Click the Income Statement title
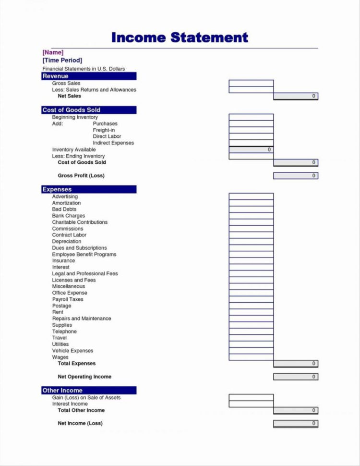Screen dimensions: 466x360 pyautogui.click(x=180, y=37)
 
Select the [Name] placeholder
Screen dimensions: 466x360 pyautogui.click(x=53, y=52)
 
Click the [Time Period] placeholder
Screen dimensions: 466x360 pyautogui.click(x=62, y=60)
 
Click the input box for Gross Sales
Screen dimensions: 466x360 pyautogui.click(x=251, y=83)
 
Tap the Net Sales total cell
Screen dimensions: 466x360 pyautogui.click(x=296, y=96)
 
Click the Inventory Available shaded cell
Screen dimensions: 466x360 pyautogui.click(x=251, y=150)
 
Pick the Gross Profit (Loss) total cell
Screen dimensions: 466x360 pyautogui.click(x=296, y=176)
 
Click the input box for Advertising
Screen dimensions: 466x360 pyautogui.click(x=251, y=196)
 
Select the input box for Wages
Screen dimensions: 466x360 pyautogui.click(x=251, y=357)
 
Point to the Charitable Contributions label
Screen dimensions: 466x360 pyautogui.click(x=80, y=222)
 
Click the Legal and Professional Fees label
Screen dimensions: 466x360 pyautogui.click(x=84, y=274)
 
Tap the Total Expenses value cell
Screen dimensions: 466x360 pyautogui.click(x=296, y=364)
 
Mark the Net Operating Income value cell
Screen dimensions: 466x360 pyautogui.click(x=296, y=377)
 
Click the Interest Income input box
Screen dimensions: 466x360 pyautogui.click(x=251, y=404)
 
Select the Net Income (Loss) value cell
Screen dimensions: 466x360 pyautogui.click(x=296, y=423)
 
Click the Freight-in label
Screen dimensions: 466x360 pyautogui.click(x=104, y=130)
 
